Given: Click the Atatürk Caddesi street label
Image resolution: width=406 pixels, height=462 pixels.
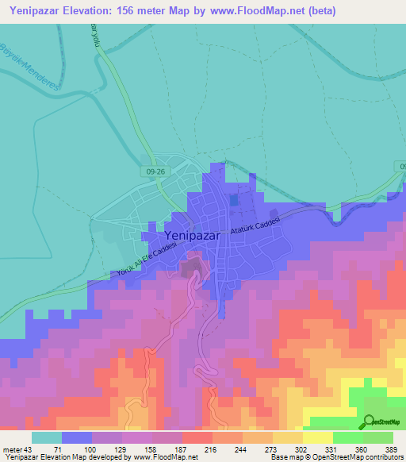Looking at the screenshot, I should pyautogui.click(x=255, y=221).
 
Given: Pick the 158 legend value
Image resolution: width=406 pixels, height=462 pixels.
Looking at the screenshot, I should pyautogui.click(x=152, y=449).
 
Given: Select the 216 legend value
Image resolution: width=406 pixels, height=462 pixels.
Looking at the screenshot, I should pyautogui.click(x=213, y=449).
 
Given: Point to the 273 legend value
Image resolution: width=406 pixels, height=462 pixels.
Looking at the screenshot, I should pyautogui.click(x=273, y=449).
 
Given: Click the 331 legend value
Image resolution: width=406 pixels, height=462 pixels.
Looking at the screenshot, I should pyautogui.click(x=333, y=449).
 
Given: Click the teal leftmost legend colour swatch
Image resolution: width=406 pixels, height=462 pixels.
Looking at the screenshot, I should pyautogui.click(x=47, y=437).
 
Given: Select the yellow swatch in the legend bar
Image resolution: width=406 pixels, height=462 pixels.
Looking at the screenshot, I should pyautogui.click(x=317, y=437).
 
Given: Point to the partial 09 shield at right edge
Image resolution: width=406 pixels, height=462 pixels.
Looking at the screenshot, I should pyautogui.click(x=400, y=166).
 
